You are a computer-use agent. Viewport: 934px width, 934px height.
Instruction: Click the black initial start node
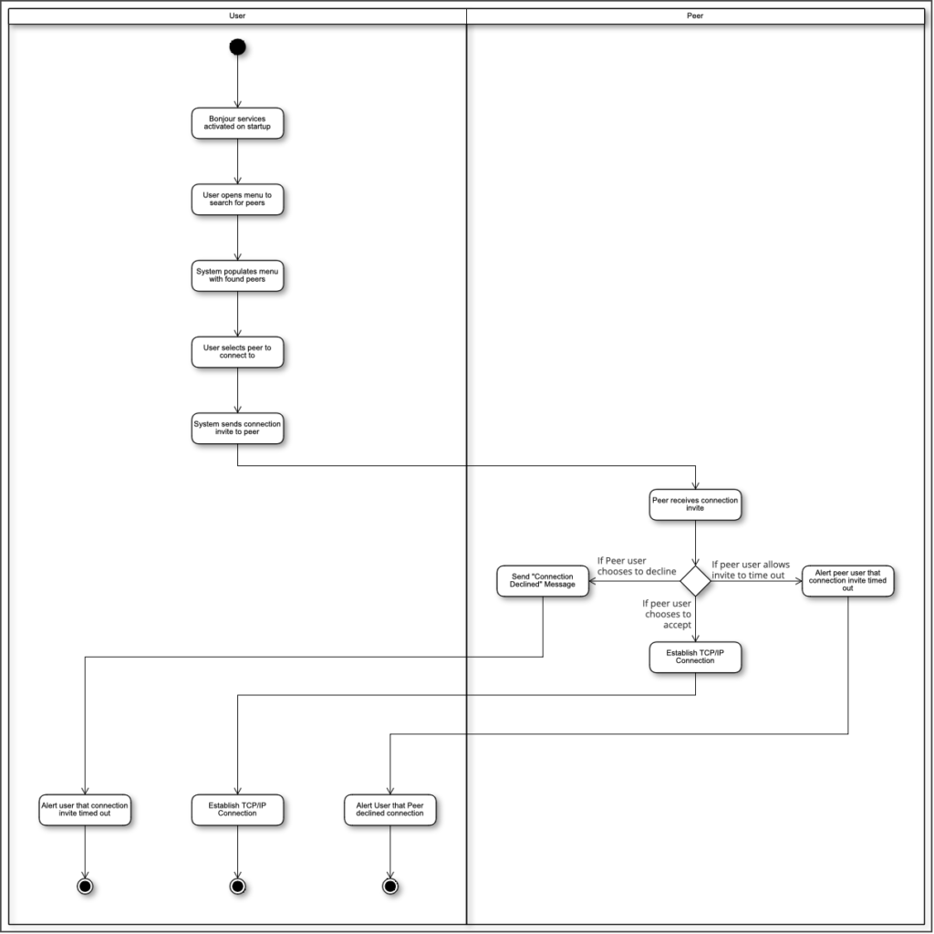pyautogui.click(x=237, y=47)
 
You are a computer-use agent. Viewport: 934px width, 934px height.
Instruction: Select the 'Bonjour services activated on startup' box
pyautogui.click(x=237, y=123)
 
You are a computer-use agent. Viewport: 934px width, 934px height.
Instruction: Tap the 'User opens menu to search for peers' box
pyautogui.click(x=237, y=199)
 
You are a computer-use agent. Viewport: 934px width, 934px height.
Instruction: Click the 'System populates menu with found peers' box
pyautogui.click(x=237, y=275)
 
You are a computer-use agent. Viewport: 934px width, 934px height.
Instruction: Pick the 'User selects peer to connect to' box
pyautogui.click(x=237, y=351)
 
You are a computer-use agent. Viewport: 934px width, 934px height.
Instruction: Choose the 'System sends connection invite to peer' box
pyautogui.click(x=237, y=428)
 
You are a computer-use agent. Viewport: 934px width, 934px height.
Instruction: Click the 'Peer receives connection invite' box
pyautogui.click(x=695, y=504)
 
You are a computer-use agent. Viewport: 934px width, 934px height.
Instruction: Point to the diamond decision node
pyautogui.click(x=695, y=581)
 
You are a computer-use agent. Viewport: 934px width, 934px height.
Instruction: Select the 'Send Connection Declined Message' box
pyautogui.click(x=543, y=581)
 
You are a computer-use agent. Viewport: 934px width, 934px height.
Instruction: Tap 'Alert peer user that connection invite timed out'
pyautogui.click(x=847, y=581)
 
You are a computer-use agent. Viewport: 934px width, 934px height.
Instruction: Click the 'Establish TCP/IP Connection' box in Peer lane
pyautogui.click(x=695, y=657)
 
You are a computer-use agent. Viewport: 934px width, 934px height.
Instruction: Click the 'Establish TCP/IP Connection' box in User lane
pyautogui.click(x=237, y=810)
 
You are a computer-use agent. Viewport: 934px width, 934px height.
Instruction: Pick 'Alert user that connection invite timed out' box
pyautogui.click(x=85, y=810)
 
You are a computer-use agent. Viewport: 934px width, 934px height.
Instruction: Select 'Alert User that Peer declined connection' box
pyautogui.click(x=390, y=810)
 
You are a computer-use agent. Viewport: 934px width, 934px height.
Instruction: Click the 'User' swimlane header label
pyautogui.click(x=237, y=16)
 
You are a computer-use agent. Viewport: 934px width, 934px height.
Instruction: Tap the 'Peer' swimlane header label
pyautogui.click(x=695, y=16)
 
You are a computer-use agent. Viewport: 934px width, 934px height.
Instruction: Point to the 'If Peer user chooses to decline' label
pyautogui.click(x=637, y=566)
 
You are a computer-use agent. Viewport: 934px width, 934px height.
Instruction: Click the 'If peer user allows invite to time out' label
pyautogui.click(x=751, y=569)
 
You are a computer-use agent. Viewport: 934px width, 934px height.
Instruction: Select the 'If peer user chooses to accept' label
pyautogui.click(x=667, y=614)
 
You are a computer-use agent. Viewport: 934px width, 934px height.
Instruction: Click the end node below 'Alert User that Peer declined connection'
pyautogui.click(x=390, y=887)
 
